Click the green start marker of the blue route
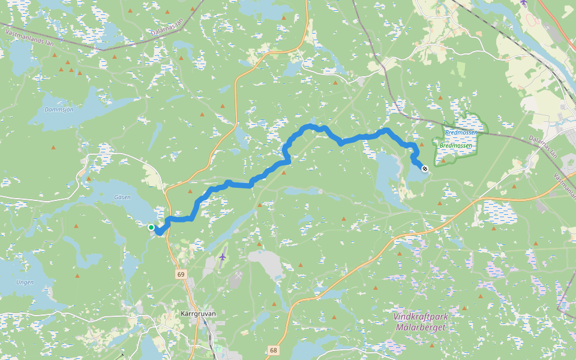[151, 227]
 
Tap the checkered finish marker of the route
[425, 169]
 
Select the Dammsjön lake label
[59, 110]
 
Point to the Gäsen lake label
[122, 197]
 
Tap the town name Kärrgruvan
[198, 313]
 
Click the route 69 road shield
[181, 274]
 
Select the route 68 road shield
[274, 350]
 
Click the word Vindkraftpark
[421, 316]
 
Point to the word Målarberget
[421, 327]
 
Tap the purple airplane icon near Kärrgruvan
[223, 257]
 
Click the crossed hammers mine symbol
[238, 277]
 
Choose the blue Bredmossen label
[461, 132]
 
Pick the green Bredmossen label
[456, 145]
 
